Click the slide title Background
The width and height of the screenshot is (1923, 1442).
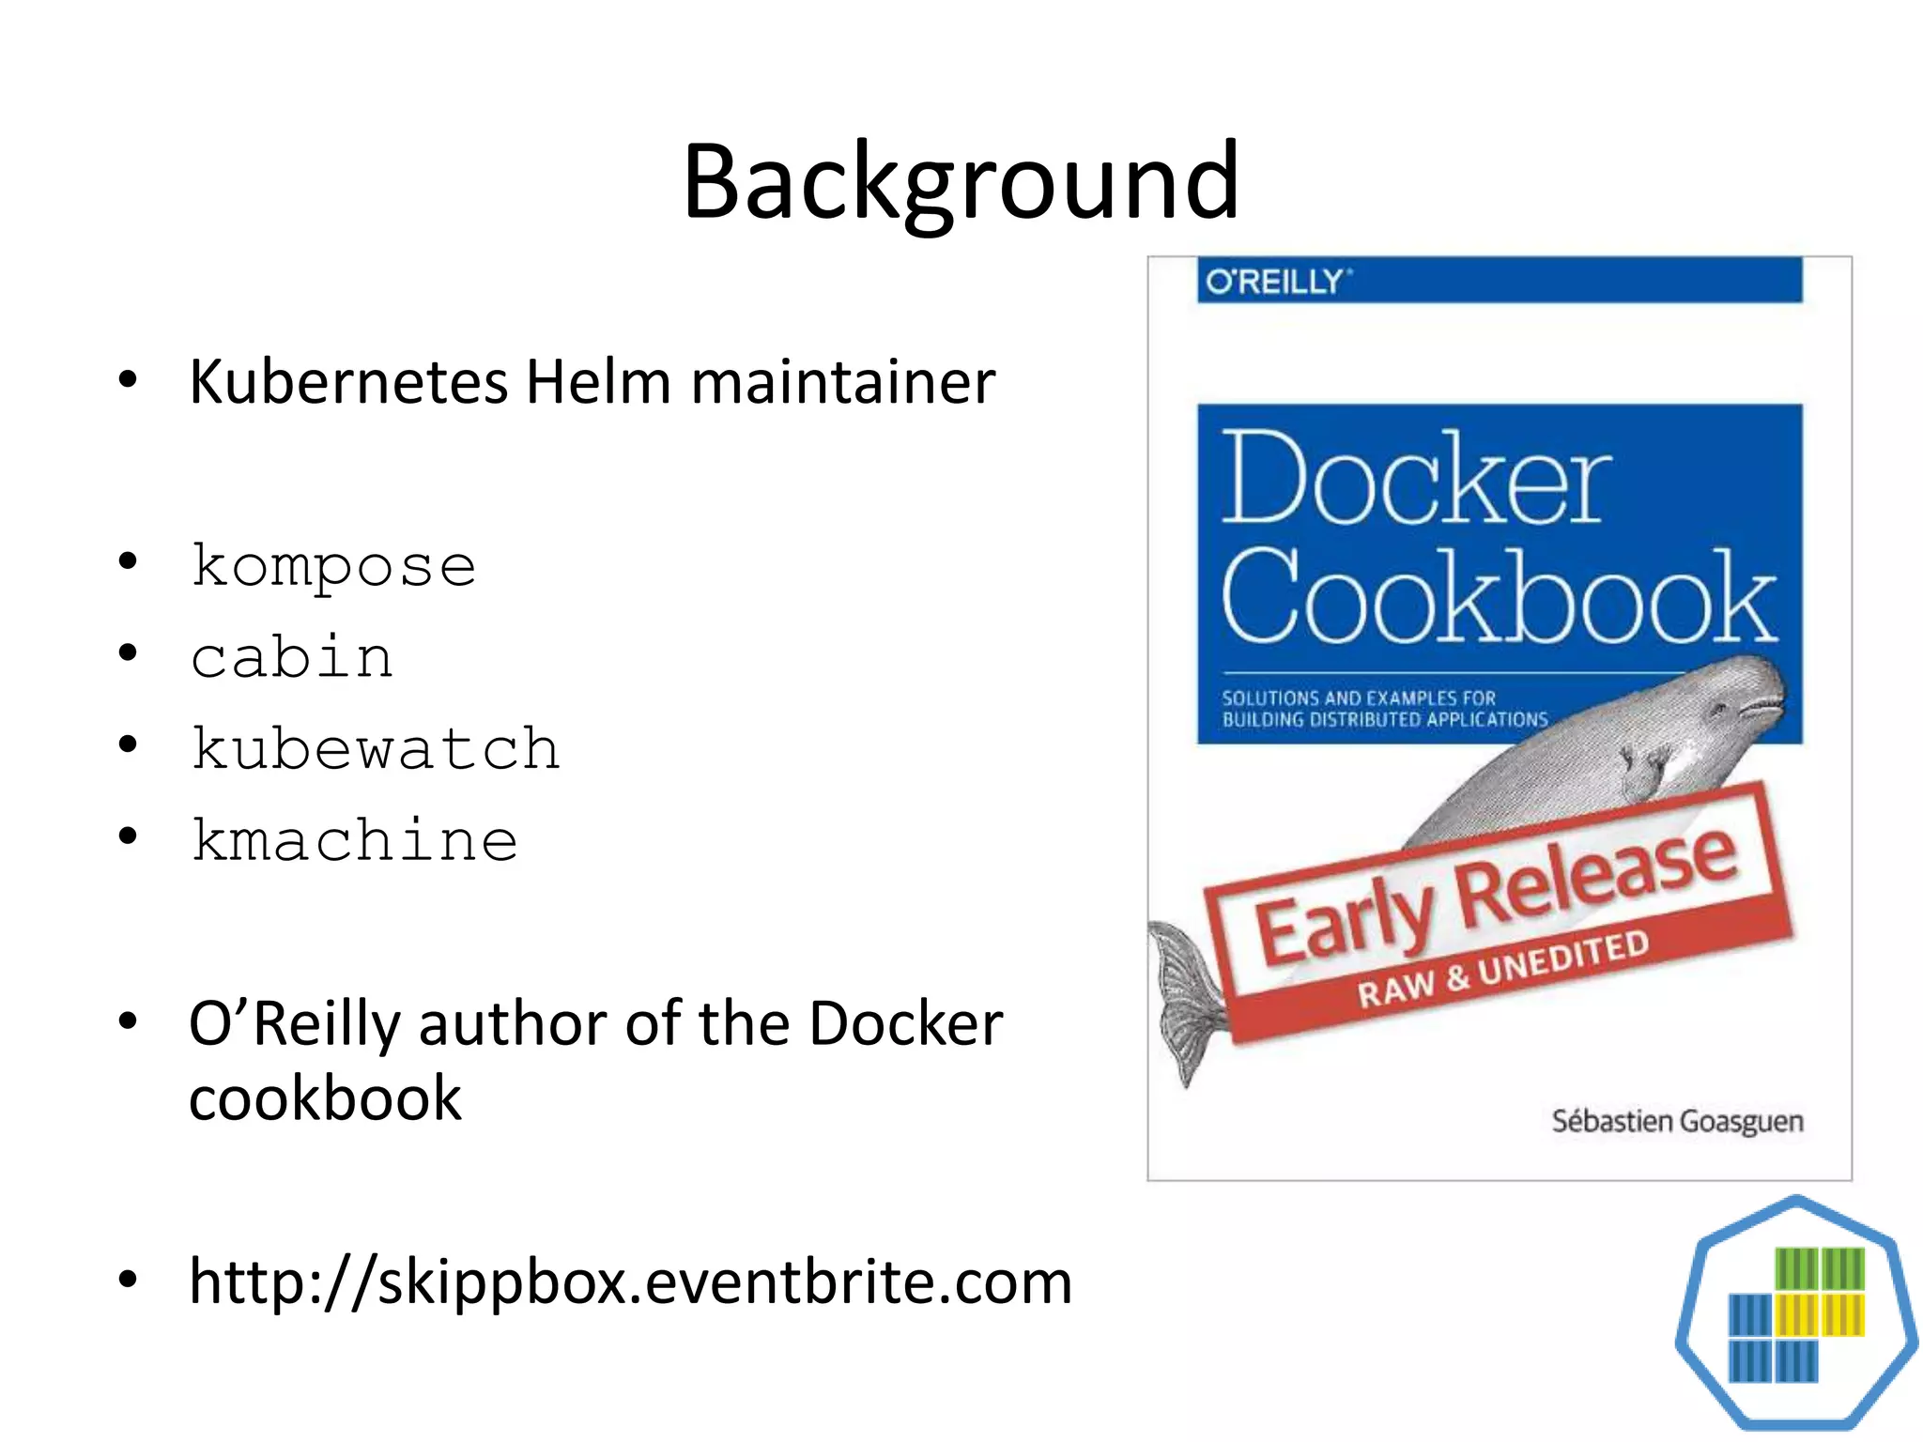961,181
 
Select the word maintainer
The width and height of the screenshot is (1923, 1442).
842,382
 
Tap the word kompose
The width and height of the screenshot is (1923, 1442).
333,566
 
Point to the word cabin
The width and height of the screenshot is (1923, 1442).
292,657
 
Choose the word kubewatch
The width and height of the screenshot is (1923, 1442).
376,748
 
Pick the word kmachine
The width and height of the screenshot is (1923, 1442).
354,839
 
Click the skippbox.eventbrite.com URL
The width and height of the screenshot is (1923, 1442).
630,1281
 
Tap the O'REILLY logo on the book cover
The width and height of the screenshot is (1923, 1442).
1277,282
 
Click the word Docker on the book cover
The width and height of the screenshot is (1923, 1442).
1415,479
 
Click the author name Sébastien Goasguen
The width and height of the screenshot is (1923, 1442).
1677,1121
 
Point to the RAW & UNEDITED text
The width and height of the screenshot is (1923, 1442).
1502,969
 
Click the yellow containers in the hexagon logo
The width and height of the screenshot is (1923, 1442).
1820,1314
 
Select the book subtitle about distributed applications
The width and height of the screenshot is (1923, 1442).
1384,709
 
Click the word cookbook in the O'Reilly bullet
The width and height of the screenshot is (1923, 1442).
325,1098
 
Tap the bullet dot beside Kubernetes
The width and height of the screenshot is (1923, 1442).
129,380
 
